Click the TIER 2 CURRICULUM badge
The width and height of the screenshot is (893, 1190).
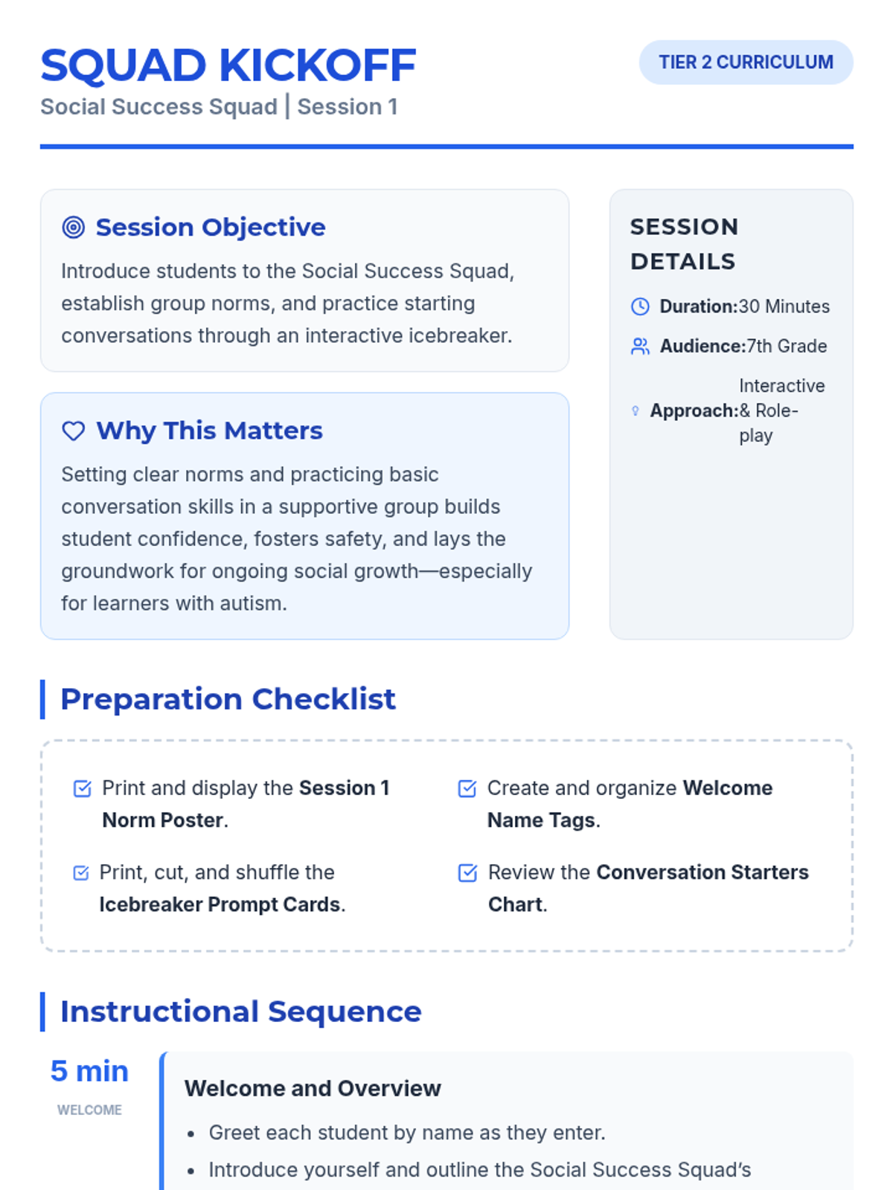click(746, 62)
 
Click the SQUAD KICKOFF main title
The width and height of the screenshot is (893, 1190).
click(228, 65)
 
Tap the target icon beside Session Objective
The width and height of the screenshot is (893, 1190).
click(73, 227)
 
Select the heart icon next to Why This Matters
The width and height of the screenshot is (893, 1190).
click(73, 431)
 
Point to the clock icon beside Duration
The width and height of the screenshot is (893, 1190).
click(640, 306)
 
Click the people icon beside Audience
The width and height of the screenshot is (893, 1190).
click(640, 346)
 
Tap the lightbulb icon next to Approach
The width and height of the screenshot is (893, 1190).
click(636, 411)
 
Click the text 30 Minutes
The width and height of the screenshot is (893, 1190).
click(784, 306)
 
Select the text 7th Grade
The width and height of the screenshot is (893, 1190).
click(787, 346)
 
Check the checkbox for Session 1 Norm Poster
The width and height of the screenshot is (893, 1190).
click(83, 788)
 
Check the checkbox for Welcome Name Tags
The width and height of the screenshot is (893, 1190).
click(467, 788)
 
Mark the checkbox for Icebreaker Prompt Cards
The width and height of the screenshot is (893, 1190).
click(81, 873)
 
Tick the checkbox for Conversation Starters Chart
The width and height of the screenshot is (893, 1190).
click(468, 873)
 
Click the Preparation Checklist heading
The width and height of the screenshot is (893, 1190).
click(228, 699)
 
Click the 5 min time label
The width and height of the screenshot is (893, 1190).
click(89, 1071)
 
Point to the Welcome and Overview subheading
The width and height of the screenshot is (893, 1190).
click(313, 1088)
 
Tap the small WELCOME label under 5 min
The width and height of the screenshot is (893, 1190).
click(89, 1110)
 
